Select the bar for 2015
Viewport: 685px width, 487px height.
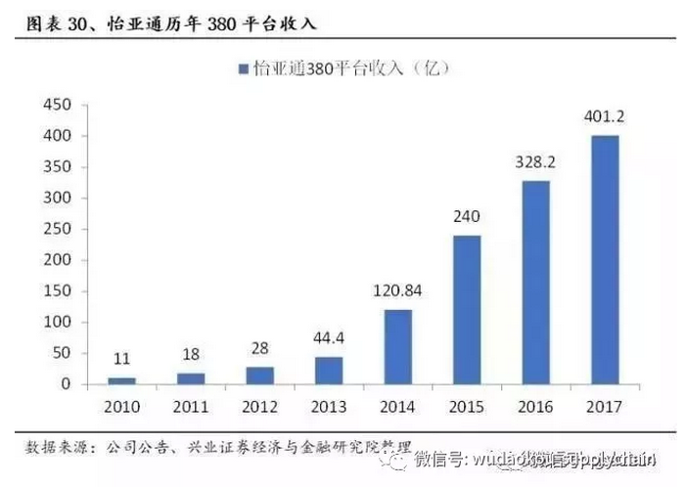click(468, 309)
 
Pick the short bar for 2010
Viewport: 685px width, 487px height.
click(121, 380)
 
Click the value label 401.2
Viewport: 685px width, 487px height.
click(606, 117)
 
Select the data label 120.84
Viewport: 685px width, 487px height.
click(397, 290)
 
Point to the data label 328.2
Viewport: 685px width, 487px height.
click(536, 162)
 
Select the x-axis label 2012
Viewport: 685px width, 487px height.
click(259, 405)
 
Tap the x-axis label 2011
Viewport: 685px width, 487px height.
click(190, 405)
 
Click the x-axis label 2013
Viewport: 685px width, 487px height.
click(328, 405)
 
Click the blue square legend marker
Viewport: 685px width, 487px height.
click(242, 68)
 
